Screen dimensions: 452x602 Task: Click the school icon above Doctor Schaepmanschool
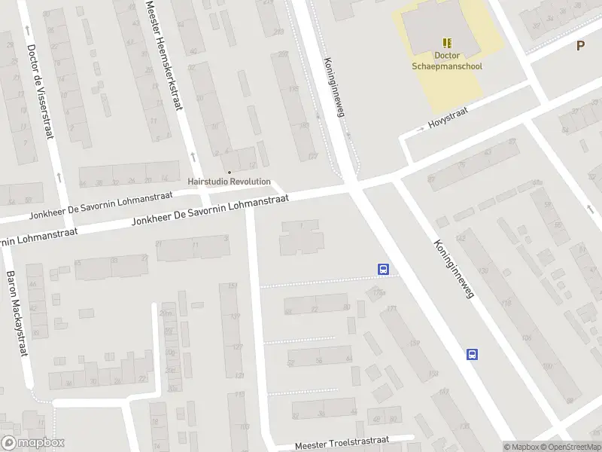pyautogui.click(x=448, y=43)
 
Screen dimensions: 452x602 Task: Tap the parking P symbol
pyautogui.click(x=580, y=46)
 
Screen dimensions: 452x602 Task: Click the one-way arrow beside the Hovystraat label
pyautogui.click(x=411, y=133)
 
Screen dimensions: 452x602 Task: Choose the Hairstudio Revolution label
pyautogui.click(x=229, y=182)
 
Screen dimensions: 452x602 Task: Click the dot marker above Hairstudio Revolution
pyautogui.click(x=230, y=171)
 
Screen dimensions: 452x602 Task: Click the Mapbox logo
pyautogui.click(x=32, y=443)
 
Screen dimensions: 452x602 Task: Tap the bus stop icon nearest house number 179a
pyautogui.click(x=383, y=269)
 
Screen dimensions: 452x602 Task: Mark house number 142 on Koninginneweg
pyautogui.click(x=461, y=238)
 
